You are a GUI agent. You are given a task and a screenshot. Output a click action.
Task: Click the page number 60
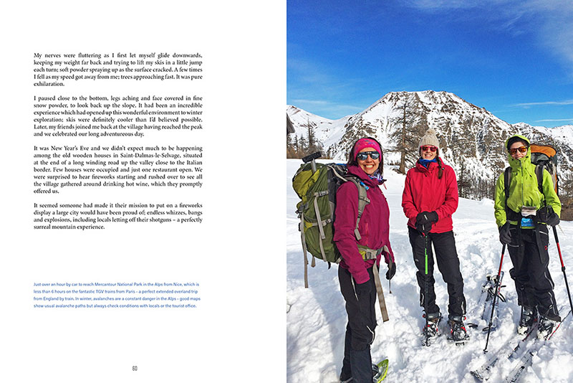[134, 369]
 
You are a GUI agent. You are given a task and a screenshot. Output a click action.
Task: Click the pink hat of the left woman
[367, 146]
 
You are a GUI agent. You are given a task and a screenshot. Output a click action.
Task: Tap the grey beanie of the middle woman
[429, 138]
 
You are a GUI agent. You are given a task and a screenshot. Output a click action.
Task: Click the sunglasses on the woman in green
[518, 150]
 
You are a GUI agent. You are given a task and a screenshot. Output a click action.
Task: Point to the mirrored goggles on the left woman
[368, 156]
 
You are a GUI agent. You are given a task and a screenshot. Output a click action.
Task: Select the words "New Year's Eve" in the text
[69, 148]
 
